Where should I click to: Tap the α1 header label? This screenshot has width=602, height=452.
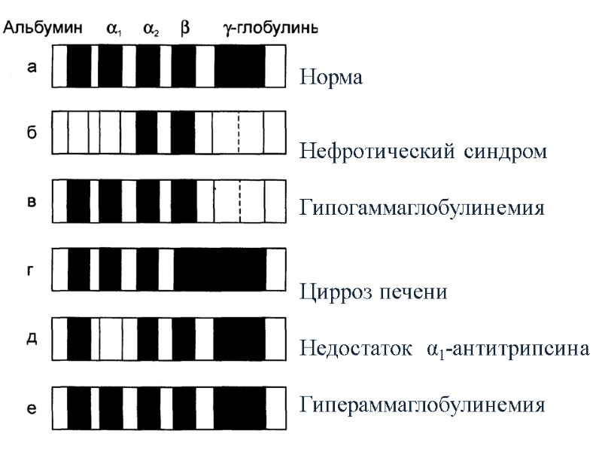point(114,30)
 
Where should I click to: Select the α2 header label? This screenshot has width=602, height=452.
point(151,30)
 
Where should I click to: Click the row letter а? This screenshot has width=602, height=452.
point(32,66)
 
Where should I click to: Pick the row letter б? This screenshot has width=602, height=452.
point(32,133)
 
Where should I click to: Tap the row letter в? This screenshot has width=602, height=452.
point(32,200)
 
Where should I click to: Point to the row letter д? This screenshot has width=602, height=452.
point(32,337)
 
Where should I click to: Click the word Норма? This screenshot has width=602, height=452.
point(331,78)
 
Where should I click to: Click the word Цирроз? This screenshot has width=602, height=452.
point(335,292)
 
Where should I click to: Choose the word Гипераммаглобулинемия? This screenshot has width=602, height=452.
point(421,405)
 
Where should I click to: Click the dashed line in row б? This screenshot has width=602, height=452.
point(239,133)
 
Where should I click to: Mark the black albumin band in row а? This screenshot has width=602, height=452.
point(78,66)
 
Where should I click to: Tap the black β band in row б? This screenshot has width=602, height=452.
point(183,133)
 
